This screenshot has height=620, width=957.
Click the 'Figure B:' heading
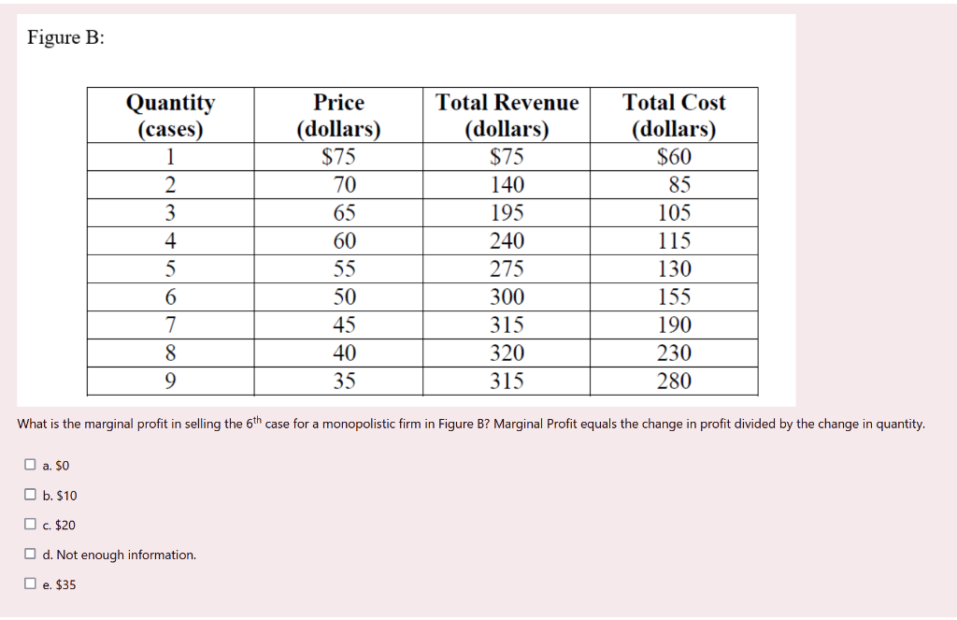(x=65, y=38)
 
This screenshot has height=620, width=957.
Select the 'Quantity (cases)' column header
(x=170, y=115)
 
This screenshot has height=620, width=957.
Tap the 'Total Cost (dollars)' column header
(x=674, y=115)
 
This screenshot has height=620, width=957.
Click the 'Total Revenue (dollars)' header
(x=507, y=115)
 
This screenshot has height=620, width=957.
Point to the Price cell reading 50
(x=345, y=297)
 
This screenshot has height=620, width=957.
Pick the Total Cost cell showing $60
(x=674, y=157)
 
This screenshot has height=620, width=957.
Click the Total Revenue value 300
(x=507, y=297)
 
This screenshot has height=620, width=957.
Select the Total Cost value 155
(x=674, y=297)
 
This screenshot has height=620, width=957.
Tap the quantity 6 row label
(x=170, y=297)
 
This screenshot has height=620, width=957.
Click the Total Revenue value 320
(x=507, y=353)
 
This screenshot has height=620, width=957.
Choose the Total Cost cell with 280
(x=674, y=382)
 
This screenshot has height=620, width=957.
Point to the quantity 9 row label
(x=170, y=382)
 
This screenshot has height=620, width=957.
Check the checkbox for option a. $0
(x=31, y=465)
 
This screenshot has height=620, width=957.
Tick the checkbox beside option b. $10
(x=31, y=495)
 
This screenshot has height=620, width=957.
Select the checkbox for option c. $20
(x=31, y=525)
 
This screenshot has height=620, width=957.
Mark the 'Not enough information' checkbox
(x=31, y=555)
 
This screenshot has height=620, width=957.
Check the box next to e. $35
(x=31, y=584)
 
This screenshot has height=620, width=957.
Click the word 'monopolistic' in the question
(x=353, y=425)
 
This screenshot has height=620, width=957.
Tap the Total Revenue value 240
(x=507, y=241)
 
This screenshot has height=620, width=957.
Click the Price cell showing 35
(x=345, y=382)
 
